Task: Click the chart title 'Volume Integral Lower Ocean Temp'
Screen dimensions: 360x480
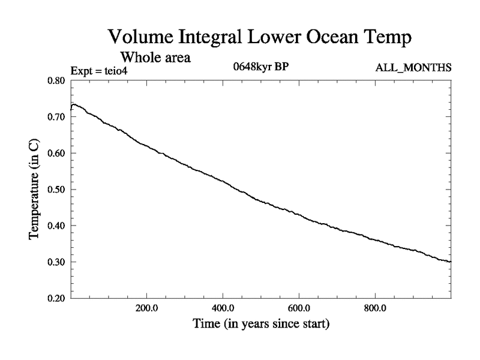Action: (x=260, y=37)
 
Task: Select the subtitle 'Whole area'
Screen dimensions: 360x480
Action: (x=155, y=58)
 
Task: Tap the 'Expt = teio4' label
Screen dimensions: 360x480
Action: (x=99, y=71)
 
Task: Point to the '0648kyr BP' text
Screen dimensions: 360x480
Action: (x=261, y=67)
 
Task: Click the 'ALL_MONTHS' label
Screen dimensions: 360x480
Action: (x=413, y=67)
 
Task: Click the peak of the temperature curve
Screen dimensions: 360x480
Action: (x=73, y=104)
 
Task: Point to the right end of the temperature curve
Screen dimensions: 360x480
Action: (x=451, y=262)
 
